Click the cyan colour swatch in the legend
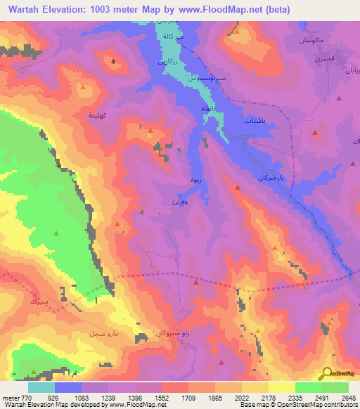point(41,387)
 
